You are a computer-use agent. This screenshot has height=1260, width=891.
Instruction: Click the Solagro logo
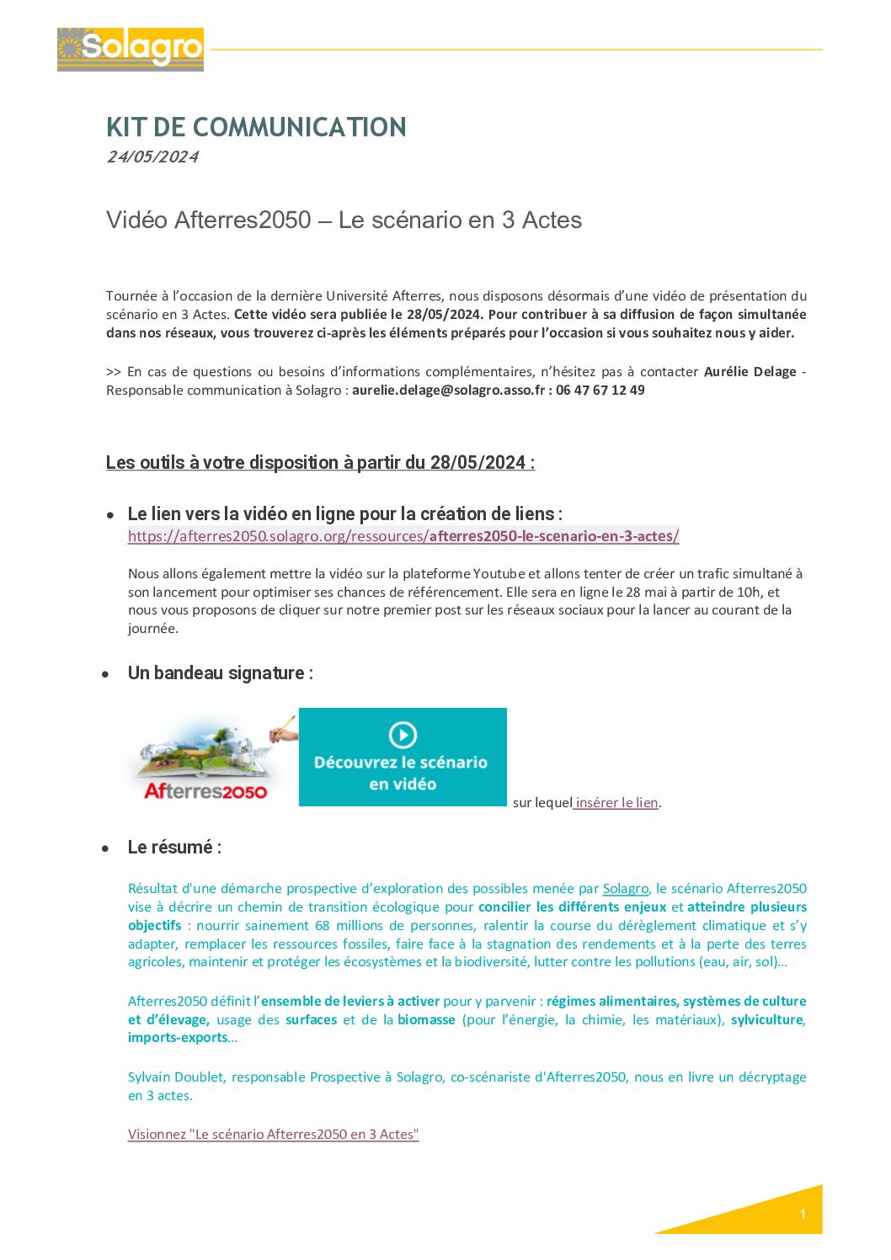131,49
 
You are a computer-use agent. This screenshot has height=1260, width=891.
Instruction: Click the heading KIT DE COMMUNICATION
256,127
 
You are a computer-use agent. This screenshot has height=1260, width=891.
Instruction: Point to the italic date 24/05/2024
152,157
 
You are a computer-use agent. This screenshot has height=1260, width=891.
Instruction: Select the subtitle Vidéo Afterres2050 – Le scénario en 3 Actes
344,220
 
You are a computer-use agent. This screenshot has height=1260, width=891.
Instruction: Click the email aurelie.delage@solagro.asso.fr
448,391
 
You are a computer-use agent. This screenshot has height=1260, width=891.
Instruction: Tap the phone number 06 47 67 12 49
600,391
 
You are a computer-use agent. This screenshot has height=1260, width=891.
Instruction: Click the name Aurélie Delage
750,372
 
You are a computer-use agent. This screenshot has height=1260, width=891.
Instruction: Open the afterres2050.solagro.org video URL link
403,536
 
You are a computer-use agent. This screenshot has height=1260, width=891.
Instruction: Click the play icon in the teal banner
403,735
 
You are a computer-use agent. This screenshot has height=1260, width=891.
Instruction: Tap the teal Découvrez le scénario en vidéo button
403,758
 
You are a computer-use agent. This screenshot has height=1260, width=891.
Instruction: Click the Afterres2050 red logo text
205,791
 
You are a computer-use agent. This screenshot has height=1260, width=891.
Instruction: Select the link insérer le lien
616,803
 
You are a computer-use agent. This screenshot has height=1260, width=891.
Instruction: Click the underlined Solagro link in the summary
626,889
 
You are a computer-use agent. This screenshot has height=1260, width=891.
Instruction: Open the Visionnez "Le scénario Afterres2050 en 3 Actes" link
273,1135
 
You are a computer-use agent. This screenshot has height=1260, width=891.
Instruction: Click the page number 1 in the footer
803,1214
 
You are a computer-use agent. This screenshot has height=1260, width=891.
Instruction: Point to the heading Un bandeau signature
220,673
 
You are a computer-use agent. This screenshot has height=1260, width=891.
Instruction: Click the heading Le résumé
174,848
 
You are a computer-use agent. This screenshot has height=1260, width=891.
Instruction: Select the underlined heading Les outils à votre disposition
320,463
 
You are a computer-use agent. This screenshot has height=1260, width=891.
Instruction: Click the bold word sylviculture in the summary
766,1020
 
